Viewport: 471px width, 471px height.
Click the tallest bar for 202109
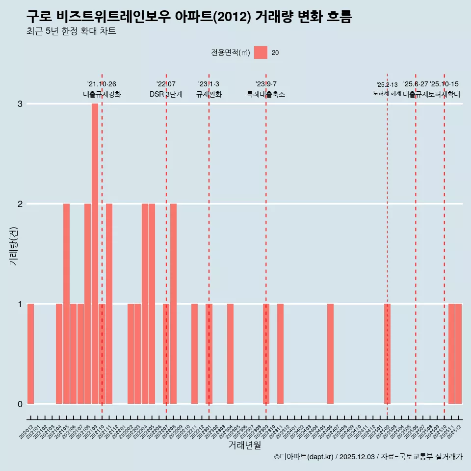click(95, 253)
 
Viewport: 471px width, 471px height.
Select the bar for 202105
click(66, 303)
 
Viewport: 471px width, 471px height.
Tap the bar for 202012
click(30, 353)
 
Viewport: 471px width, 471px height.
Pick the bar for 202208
click(173, 303)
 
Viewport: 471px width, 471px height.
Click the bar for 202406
click(330, 353)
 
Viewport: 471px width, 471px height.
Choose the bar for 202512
click(458, 353)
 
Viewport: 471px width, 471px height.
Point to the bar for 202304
click(230, 353)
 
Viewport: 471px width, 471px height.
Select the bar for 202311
click(280, 353)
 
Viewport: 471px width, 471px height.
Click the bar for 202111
click(109, 303)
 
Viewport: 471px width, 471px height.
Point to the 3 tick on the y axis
click(20, 104)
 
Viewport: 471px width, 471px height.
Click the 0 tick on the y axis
click(20, 404)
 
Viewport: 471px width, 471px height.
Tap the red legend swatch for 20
click(261, 52)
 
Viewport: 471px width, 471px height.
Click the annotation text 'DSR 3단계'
click(166, 94)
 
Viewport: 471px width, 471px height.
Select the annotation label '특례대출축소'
click(265, 94)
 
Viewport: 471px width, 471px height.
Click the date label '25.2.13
click(387, 85)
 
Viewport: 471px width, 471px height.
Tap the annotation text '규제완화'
click(209, 94)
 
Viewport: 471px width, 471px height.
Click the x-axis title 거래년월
click(244, 445)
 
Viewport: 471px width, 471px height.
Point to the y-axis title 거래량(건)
click(14, 245)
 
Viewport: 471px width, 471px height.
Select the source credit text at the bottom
click(368, 457)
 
